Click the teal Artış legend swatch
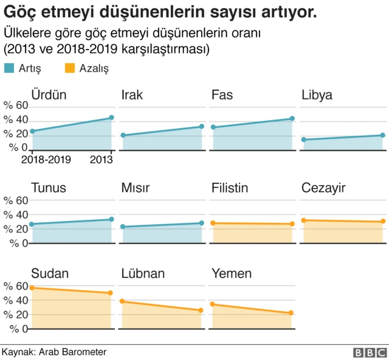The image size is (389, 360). (x=10, y=69)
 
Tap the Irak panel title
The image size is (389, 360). (x=133, y=95)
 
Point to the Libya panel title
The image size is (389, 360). (x=317, y=95)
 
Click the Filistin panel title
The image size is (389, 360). (x=230, y=188)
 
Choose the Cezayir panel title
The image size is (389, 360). (x=323, y=188)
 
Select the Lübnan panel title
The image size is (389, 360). (x=143, y=274)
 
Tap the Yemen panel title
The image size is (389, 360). (x=231, y=274)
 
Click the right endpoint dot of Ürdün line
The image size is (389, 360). (x=111, y=118)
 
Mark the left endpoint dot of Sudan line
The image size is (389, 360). (x=32, y=288)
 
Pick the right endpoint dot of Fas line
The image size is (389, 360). (x=292, y=119)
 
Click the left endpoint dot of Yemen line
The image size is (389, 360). (x=212, y=304)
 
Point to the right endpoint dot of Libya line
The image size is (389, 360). (x=382, y=135)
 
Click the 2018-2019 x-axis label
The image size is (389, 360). (x=46, y=160)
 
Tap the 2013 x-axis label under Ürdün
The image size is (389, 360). (x=101, y=160)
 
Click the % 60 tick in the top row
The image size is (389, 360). (x=16, y=106)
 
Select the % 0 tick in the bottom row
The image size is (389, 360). (x=16, y=329)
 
